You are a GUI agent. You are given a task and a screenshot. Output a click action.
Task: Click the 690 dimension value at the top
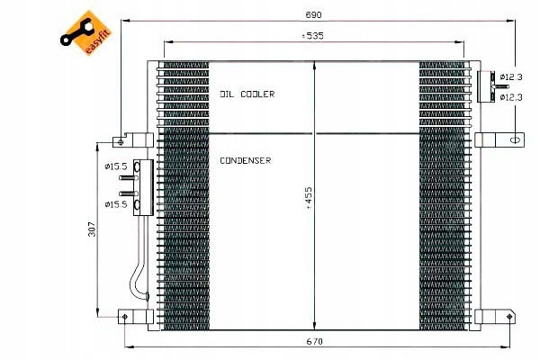(313, 14)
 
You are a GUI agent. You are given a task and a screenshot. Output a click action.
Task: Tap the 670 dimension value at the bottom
(314, 341)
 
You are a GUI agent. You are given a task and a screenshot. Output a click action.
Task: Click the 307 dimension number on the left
(92, 229)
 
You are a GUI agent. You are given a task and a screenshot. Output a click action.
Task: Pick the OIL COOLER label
(247, 94)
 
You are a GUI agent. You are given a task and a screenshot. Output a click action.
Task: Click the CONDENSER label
(245, 160)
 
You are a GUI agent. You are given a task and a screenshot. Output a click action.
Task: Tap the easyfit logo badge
(85, 32)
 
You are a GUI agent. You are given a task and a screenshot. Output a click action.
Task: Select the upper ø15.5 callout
(116, 166)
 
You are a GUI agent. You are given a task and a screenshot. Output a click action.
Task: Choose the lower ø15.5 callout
(116, 204)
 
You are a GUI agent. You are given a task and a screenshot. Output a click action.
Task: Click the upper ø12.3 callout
(511, 76)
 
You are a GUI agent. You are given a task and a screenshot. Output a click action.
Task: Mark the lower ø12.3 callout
(511, 97)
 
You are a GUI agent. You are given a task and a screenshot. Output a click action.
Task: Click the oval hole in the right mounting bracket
(515, 140)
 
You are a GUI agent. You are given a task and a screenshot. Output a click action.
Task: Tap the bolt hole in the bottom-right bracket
(509, 316)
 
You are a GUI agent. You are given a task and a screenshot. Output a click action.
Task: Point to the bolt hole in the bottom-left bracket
(125, 317)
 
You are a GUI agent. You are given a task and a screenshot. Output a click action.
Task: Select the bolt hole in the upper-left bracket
(121, 142)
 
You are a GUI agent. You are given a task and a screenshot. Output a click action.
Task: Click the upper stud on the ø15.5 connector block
(129, 178)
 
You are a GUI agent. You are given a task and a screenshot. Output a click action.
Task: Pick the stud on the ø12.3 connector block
(501, 86)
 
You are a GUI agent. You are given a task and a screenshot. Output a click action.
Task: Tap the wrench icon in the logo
(76, 32)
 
